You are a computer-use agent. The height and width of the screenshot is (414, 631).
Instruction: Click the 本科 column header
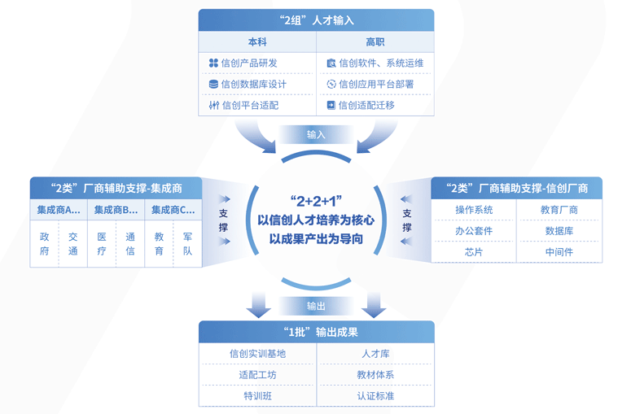tap(257, 41)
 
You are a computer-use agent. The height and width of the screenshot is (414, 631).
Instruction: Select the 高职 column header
tap(375, 41)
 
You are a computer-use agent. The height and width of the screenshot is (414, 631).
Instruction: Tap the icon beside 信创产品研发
tap(213, 63)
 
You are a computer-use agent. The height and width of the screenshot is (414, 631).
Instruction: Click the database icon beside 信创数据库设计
tap(213, 84)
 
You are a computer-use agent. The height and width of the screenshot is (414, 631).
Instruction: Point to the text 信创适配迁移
tap(366, 105)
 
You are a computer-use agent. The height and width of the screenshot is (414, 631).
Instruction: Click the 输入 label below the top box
tap(316, 135)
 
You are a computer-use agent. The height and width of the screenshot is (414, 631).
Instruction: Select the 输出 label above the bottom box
tap(316, 307)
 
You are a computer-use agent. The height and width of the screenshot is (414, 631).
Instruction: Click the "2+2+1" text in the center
tap(316, 201)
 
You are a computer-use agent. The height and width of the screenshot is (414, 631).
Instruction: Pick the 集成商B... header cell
tap(116, 210)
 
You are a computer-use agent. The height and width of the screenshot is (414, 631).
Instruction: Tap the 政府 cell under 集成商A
tap(44, 244)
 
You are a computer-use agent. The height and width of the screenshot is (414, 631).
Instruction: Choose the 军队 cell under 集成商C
tap(187, 244)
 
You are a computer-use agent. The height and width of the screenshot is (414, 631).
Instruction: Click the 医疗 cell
tap(102, 244)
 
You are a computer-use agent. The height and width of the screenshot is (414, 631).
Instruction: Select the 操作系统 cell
tap(474, 210)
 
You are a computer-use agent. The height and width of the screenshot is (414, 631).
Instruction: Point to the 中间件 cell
tap(559, 252)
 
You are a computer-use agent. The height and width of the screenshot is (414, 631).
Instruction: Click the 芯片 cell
tap(474, 252)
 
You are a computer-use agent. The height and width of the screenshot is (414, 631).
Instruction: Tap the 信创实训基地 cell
tap(257, 354)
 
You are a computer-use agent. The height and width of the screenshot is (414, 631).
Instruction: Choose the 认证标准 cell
tap(375, 396)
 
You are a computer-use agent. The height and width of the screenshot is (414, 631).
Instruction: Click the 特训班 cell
tap(257, 396)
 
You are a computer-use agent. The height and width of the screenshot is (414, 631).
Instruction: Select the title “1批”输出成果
tap(320, 332)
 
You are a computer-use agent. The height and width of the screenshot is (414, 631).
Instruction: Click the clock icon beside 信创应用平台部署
tap(331, 84)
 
